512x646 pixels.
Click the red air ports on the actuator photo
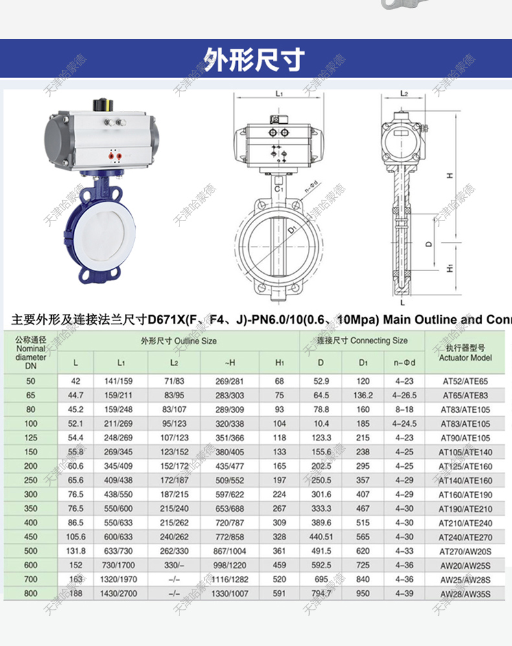(115, 156)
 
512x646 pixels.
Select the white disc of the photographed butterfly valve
(100, 230)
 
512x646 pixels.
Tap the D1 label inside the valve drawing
(293, 230)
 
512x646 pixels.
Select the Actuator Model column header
(465, 353)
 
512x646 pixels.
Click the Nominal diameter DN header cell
(30, 353)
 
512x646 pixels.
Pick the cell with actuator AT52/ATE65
(465, 381)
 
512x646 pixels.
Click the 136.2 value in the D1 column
(364, 395)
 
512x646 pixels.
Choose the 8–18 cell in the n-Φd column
(404, 409)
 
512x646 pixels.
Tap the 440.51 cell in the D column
(321, 537)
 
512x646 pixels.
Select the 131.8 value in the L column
(76, 551)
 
